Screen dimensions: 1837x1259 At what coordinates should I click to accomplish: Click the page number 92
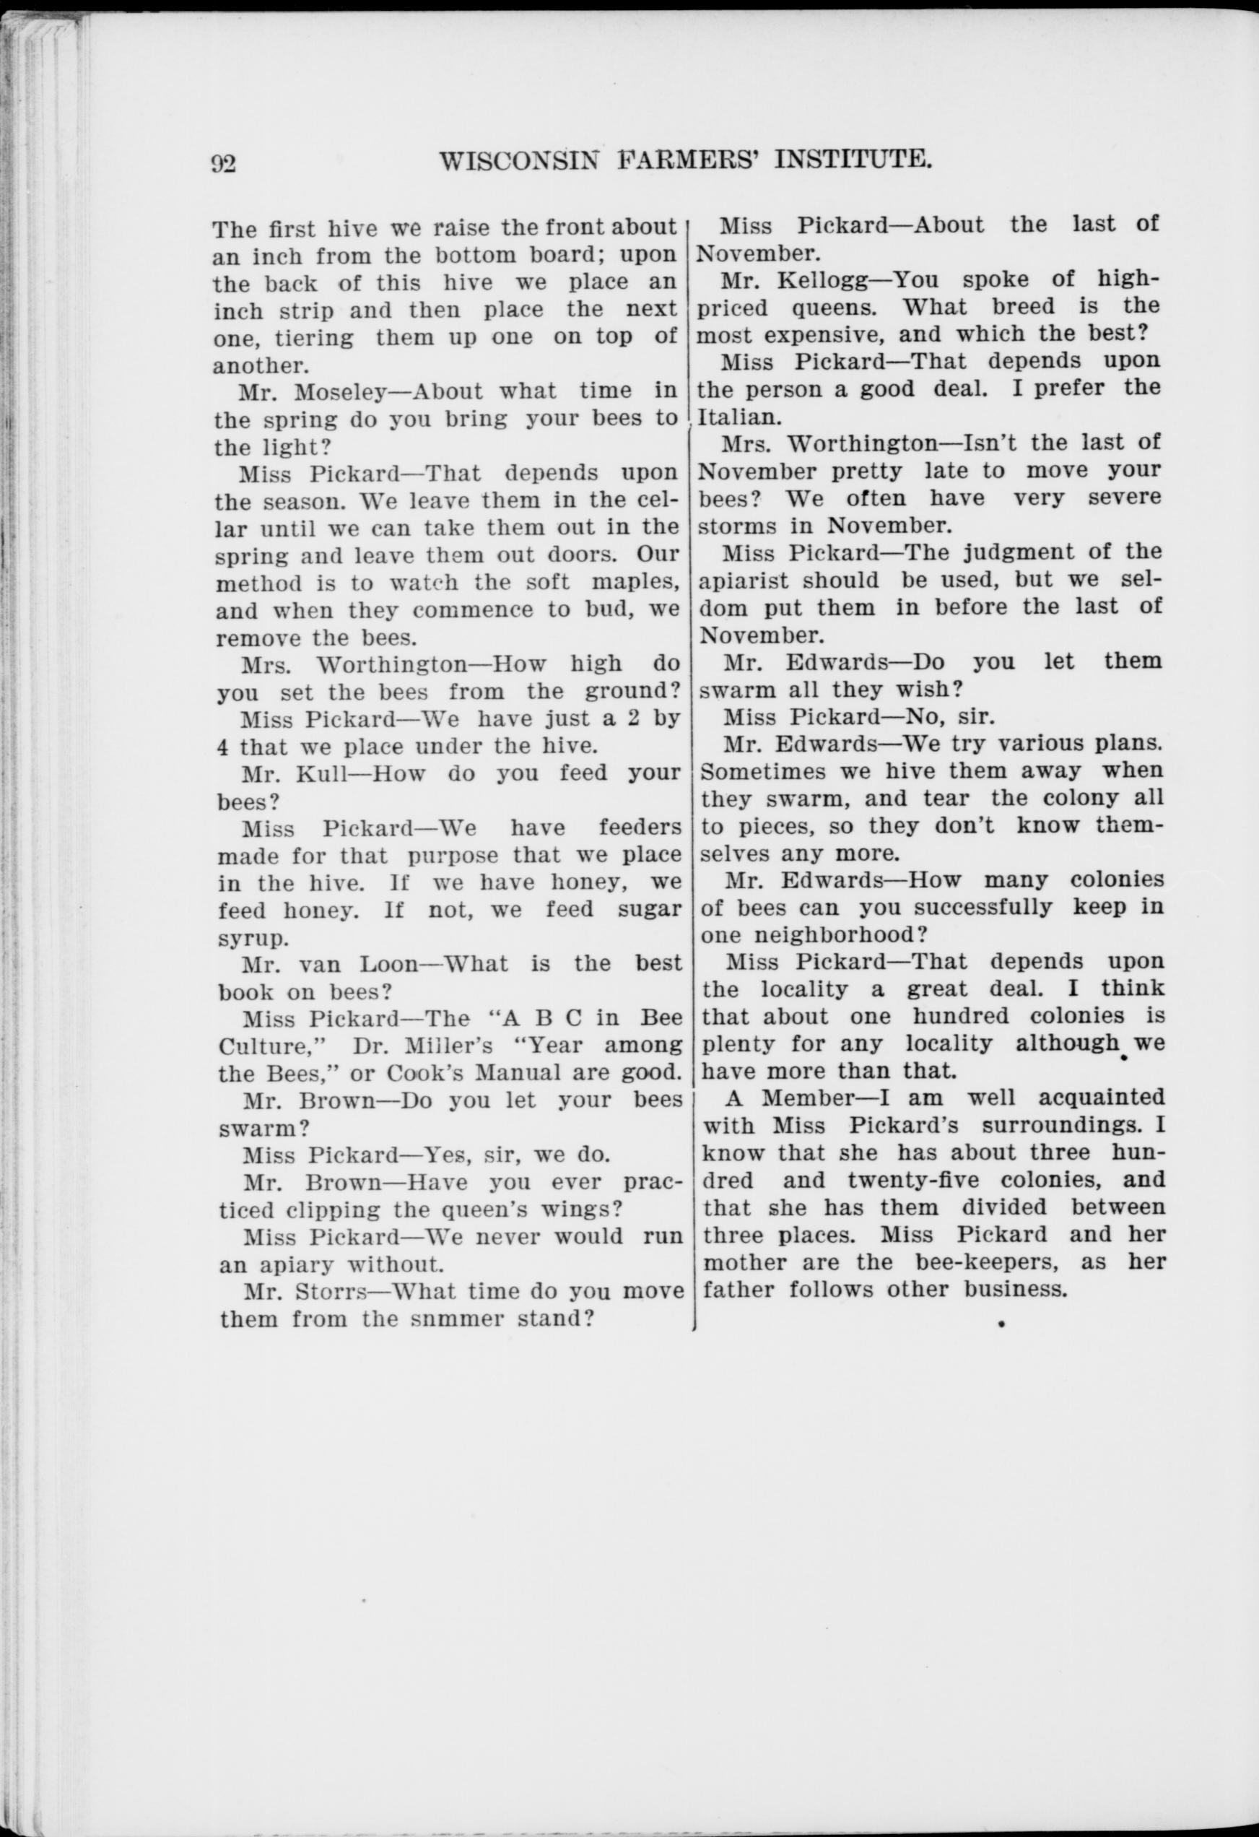point(224,164)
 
